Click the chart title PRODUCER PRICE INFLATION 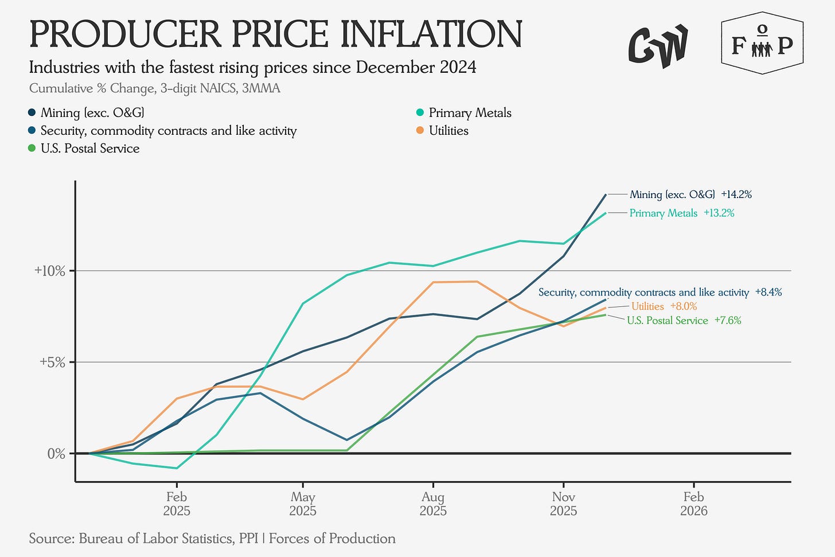coord(275,34)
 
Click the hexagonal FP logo coord(762,44)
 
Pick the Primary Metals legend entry coord(470,113)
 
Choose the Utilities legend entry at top coord(448,131)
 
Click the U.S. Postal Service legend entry coord(89,149)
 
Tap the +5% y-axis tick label coord(52,362)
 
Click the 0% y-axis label coord(56,454)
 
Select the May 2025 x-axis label coord(303,503)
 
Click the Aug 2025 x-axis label coord(433,503)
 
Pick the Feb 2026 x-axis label coord(693,503)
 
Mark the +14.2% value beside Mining coord(736,194)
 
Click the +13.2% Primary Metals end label coord(719,213)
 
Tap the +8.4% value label coord(768,293)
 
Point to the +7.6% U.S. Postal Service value coord(728,321)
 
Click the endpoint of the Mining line coord(606,195)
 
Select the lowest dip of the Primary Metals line coord(176,468)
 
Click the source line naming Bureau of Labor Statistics coord(212,539)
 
